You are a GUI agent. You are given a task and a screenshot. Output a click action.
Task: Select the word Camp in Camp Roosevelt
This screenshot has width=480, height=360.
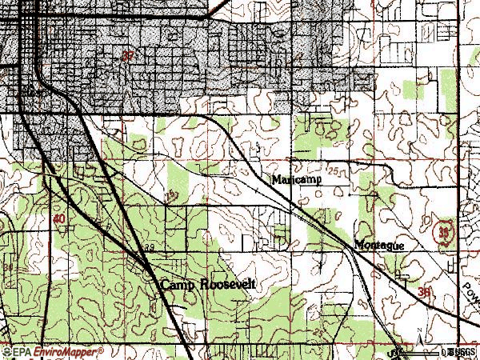(x=177, y=284)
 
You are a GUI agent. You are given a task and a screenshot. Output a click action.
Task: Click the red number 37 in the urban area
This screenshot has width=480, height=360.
(x=127, y=56)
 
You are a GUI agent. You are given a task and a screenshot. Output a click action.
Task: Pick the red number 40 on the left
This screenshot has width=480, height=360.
(x=59, y=218)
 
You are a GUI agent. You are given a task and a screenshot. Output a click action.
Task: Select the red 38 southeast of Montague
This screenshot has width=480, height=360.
(x=424, y=293)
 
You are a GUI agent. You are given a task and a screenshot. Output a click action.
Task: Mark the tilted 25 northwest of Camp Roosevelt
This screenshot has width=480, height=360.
(x=169, y=196)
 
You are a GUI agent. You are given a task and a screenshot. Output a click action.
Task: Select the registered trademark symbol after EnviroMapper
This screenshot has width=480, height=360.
(x=84, y=348)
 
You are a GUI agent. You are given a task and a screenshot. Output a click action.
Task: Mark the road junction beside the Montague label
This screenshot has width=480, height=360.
(x=353, y=245)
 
